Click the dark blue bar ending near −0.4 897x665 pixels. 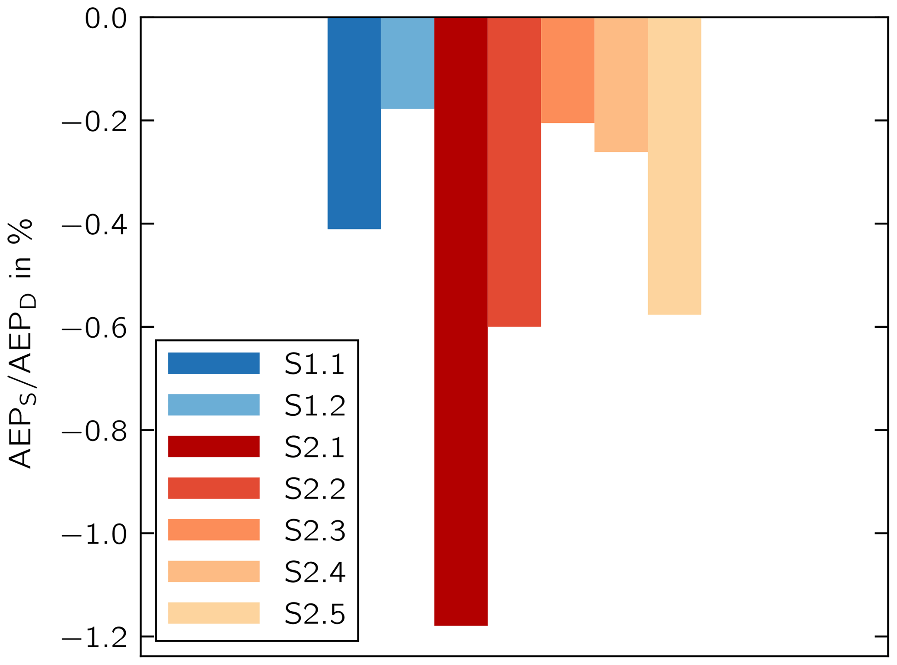[354, 123]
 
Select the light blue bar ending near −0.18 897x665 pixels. [407, 63]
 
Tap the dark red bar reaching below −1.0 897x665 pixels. [461, 321]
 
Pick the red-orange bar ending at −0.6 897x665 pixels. [514, 172]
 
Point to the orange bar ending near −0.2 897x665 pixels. [568, 70]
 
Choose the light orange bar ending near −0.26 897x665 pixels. [621, 85]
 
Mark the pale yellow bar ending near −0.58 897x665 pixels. [674, 166]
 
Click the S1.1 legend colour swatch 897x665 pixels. [214, 363]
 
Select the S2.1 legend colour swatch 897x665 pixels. [214, 447]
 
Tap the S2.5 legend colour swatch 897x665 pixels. [214, 613]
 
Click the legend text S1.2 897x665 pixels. [315, 405]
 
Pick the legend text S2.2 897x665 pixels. [315, 489]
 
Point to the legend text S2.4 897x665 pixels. [315, 572]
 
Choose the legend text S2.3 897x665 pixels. [315, 530]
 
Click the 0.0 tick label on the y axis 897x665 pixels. [106, 19]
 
